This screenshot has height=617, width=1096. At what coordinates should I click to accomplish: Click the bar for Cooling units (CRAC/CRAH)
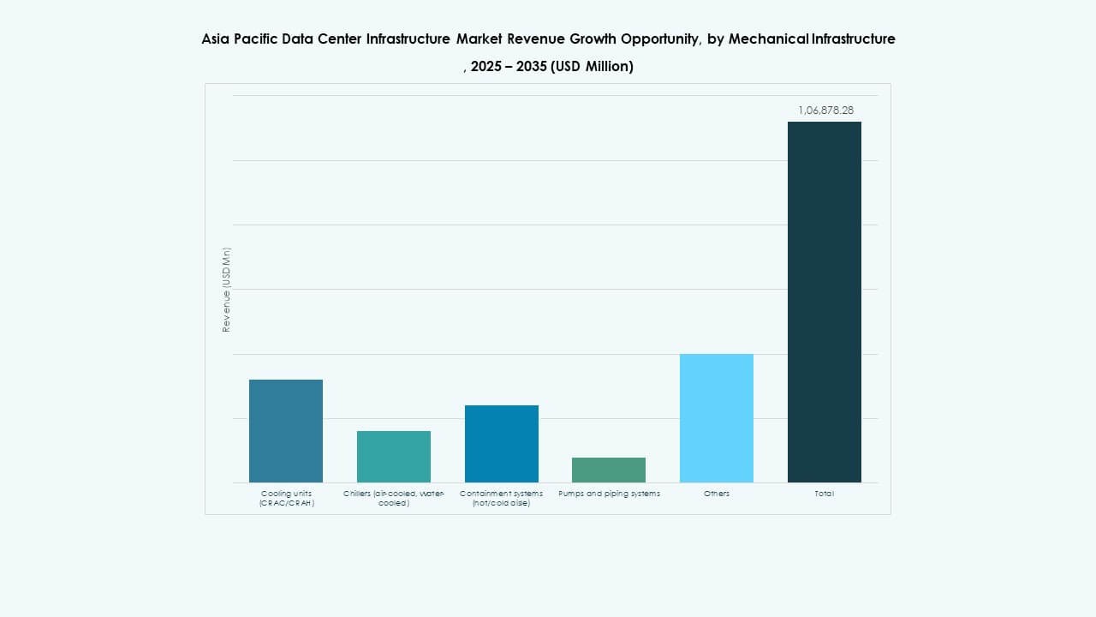coord(286,430)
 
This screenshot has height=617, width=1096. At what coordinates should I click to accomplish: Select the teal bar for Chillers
coord(394,456)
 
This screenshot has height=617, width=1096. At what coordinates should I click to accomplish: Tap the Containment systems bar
coord(502,443)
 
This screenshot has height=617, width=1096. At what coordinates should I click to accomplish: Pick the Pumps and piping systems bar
coord(609,470)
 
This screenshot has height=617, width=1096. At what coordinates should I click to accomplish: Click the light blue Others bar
coord(717,417)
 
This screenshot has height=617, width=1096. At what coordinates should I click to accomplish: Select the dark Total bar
coord(825,302)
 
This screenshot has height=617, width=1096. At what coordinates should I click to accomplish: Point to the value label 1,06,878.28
coord(825,111)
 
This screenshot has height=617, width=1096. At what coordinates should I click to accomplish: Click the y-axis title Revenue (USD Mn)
coord(227,290)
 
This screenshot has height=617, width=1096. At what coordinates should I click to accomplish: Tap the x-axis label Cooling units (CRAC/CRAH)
coord(287,498)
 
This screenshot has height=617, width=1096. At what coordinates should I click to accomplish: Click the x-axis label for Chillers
coord(394,498)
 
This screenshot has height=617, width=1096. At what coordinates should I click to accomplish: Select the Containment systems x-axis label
coord(502,498)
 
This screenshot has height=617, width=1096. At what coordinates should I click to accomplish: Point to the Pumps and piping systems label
coord(609,494)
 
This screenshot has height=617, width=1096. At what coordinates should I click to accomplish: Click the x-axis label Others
coord(717,494)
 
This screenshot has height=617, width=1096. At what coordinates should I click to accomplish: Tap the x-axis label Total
coord(825,494)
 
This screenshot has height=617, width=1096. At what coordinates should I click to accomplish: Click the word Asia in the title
coord(217,39)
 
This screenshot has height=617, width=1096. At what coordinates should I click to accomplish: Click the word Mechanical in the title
coord(768,39)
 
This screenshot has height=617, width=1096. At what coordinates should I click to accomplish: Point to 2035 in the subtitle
coord(531,67)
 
